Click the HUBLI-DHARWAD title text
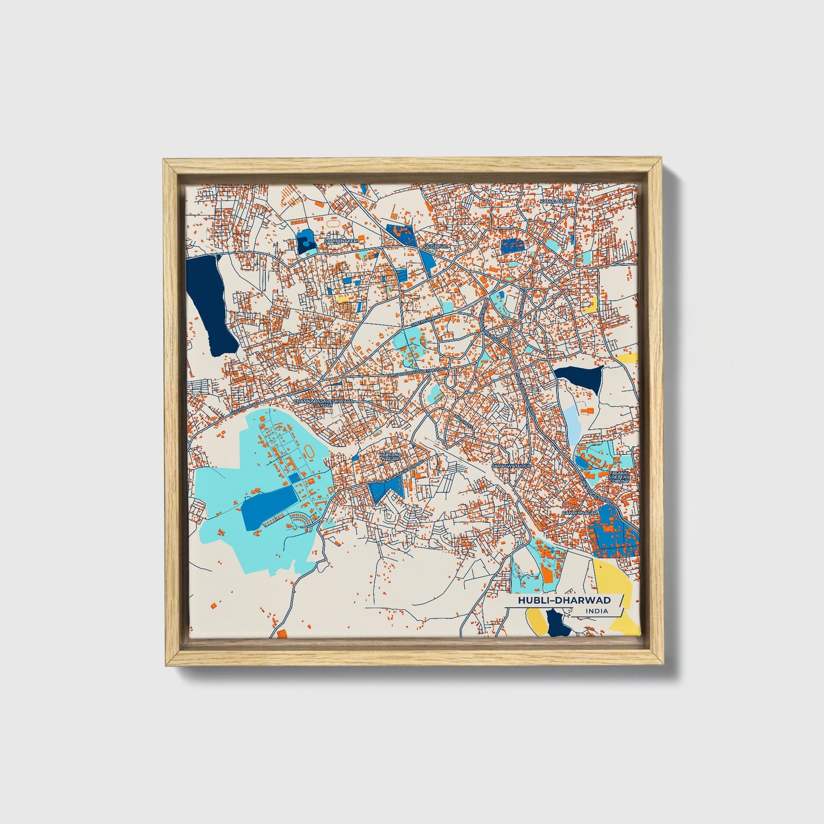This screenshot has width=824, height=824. [564, 600]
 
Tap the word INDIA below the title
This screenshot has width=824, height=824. [596, 611]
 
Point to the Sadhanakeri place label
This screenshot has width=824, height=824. [340, 241]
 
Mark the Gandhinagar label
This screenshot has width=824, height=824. [579, 513]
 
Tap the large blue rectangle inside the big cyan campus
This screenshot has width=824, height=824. [269, 507]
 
